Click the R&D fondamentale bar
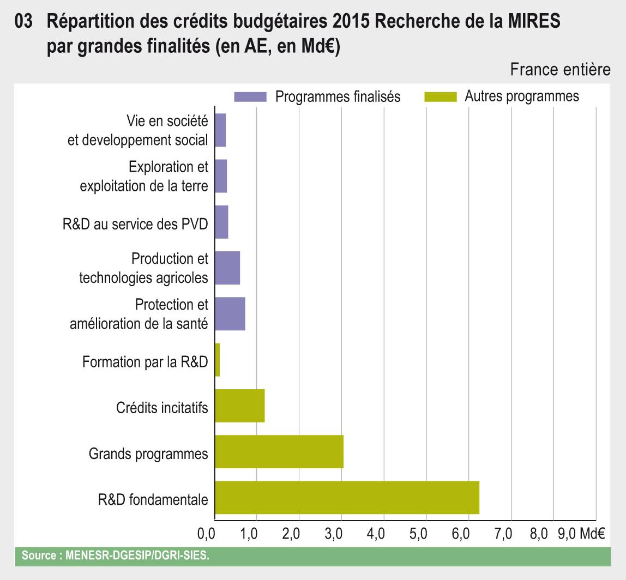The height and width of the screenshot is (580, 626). pyautogui.click(x=347, y=498)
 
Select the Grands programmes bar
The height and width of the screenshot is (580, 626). pyautogui.click(x=279, y=452)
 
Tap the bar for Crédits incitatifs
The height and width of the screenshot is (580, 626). pyautogui.click(x=240, y=406)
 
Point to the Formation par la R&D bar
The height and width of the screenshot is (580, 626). pyautogui.click(x=218, y=360)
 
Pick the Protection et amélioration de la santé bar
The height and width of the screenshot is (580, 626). pyautogui.click(x=230, y=314)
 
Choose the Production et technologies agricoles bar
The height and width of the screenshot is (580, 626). pyautogui.click(x=227, y=268)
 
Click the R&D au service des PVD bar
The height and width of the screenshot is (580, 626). pyautogui.click(x=221, y=222)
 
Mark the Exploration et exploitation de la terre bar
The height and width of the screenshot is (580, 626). pyautogui.click(x=221, y=176)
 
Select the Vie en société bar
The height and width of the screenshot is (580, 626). pyautogui.click(x=220, y=130)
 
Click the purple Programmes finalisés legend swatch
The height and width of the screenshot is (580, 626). pyautogui.click(x=250, y=97)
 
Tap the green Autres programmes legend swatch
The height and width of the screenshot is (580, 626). pyautogui.click(x=440, y=97)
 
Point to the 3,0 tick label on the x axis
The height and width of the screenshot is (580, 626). pyautogui.click(x=334, y=534)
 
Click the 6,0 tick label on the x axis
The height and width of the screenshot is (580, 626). pyautogui.click(x=461, y=534)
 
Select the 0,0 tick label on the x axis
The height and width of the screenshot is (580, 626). pyautogui.click(x=206, y=534)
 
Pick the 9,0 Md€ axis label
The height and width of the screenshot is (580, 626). pyautogui.click(x=581, y=534)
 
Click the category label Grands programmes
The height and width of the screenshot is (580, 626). pyautogui.click(x=148, y=454)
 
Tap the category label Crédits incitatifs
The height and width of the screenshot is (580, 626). pyautogui.click(x=162, y=408)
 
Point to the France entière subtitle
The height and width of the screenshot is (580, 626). pyautogui.click(x=560, y=70)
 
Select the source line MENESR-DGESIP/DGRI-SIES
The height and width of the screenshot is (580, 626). pyautogui.click(x=115, y=556)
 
